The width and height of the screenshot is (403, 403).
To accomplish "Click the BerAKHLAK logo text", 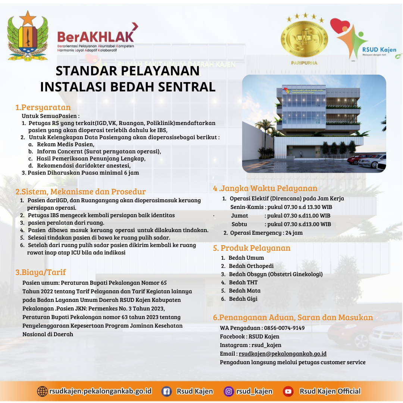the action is pos(96,37).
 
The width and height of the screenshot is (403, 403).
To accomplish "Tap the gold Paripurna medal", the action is pos(304,39).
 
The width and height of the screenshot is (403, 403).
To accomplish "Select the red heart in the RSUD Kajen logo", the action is pos(340,26).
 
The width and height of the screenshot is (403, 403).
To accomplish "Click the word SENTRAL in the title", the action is pos(187,87).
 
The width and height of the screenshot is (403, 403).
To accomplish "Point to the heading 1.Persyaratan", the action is pos(43,107).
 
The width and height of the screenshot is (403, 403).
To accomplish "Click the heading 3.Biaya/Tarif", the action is pos(41,272).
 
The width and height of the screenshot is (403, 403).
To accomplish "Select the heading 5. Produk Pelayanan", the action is pos(252,248).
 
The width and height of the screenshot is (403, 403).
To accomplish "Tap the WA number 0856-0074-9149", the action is pos(284,328).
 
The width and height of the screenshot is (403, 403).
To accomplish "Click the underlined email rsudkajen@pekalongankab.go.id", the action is pos(282,354).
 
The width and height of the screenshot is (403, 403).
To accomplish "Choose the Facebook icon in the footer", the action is pos(166,391).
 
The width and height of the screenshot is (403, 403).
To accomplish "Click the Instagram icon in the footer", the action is pos(228,391).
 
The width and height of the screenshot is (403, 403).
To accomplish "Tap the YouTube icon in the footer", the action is pos(288,391).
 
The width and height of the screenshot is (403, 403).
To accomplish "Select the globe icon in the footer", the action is pos(43,391).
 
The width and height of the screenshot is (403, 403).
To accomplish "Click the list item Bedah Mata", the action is pos(245,291).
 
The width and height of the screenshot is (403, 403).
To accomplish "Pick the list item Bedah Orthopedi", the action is pos(251,266).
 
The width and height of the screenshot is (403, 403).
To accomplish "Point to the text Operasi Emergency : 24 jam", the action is pos(266,233).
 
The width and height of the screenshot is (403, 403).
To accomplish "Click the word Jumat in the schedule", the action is pos(240,216).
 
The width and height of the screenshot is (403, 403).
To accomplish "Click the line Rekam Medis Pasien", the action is pos(66,144).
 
